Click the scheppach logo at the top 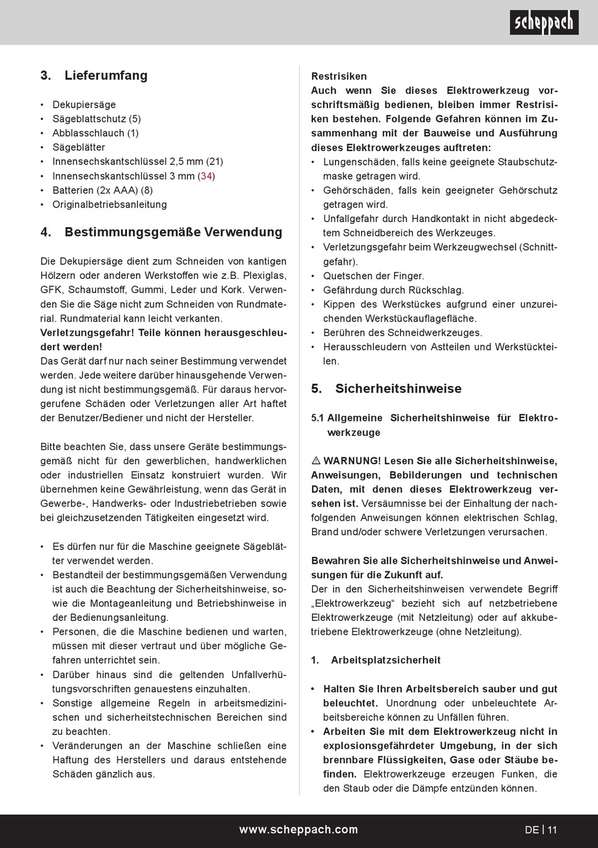[544, 23]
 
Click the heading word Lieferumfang [106, 75]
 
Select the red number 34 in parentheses [206, 176]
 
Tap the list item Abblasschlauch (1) [95, 133]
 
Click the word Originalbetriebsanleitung [110, 204]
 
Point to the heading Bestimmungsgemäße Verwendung [173, 232]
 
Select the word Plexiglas [264, 276]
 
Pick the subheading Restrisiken [339, 76]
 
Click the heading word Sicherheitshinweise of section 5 [398, 389]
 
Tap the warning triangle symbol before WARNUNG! [316, 461]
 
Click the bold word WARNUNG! [352, 461]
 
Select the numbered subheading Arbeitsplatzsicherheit [386, 660]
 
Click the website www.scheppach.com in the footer [298, 830]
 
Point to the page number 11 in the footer [552, 830]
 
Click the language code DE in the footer [531, 830]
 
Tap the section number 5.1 [318, 418]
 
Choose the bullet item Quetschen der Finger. [373, 276]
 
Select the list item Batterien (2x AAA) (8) [102, 190]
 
